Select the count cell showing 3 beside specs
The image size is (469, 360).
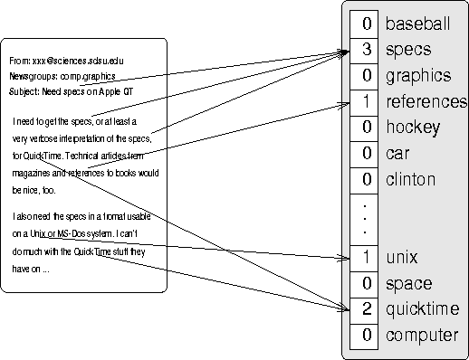[364, 49]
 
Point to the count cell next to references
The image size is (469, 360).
[364, 101]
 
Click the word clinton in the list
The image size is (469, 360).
[410, 179]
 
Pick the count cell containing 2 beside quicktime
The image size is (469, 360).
[364, 309]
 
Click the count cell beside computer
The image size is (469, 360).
[364, 336]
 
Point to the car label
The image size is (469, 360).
[397, 154]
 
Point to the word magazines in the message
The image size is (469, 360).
[33, 172]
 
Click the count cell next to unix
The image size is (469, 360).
[364, 258]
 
